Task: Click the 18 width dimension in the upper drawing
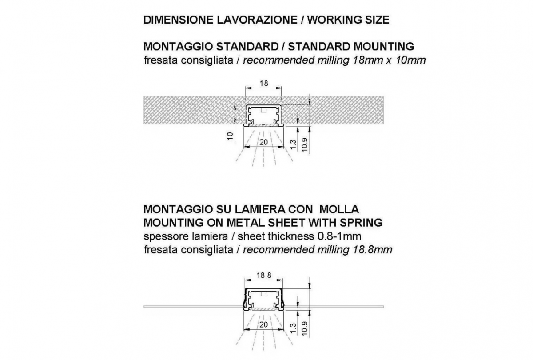click(x=264, y=84)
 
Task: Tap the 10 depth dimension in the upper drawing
click(x=230, y=136)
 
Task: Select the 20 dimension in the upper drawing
click(x=264, y=142)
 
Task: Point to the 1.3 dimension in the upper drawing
click(x=294, y=144)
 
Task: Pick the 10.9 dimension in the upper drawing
click(x=305, y=145)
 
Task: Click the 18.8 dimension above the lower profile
click(x=264, y=276)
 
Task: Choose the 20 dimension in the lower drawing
click(x=264, y=325)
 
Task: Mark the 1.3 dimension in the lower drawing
click(x=294, y=328)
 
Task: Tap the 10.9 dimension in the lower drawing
click(x=305, y=328)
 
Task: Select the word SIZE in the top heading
click(x=377, y=20)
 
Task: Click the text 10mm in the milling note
click(x=410, y=60)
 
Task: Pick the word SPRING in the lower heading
click(x=361, y=223)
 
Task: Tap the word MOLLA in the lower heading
click(x=339, y=209)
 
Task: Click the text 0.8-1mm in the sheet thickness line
click(x=339, y=236)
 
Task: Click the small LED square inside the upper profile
click(x=263, y=110)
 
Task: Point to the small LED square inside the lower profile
click(x=263, y=294)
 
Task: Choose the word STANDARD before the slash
click(x=248, y=46)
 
